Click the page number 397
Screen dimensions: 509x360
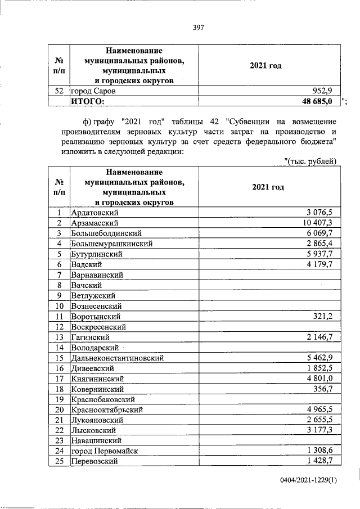tap(197, 28)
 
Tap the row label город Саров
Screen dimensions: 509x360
tap(93, 91)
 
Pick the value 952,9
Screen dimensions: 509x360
tap(322, 91)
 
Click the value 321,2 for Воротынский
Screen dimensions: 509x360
tap(322, 317)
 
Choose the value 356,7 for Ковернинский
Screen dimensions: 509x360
tap(322, 388)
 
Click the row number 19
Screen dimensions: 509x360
tap(58, 399)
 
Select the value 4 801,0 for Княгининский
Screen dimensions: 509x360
tap(318, 378)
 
